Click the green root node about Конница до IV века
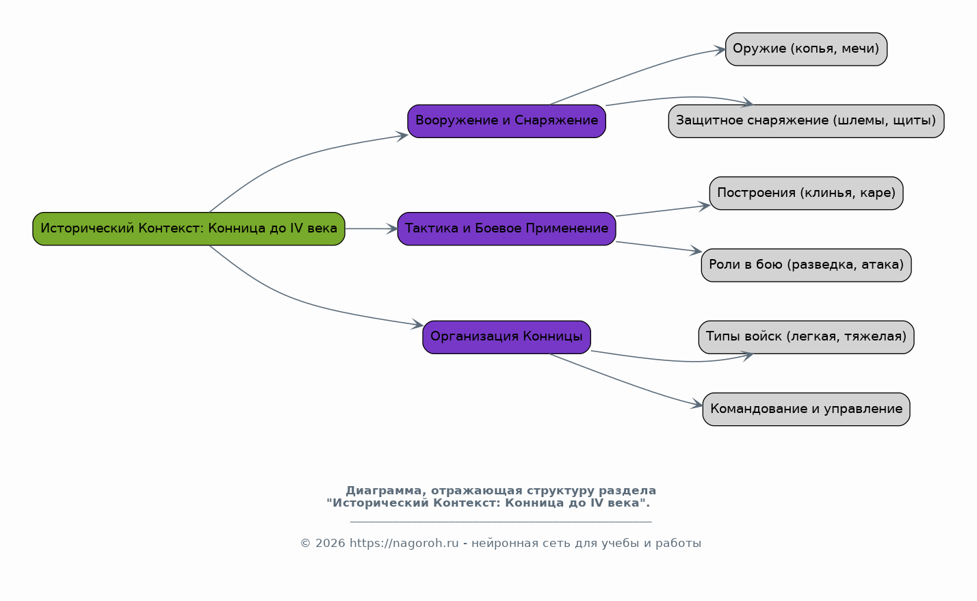click(188, 229)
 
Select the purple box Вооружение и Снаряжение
click(506, 121)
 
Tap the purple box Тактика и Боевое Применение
click(506, 229)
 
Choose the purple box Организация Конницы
click(506, 337)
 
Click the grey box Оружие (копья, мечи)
click(806, 49)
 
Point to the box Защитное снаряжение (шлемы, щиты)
click(806, 121)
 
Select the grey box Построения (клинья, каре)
click(806, 193)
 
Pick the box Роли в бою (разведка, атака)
click(806, 265)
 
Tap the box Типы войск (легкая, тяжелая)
click(806, 337)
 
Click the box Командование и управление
click(806, 410)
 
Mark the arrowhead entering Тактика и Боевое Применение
click(392, 229)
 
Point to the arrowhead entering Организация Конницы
click(417, 324)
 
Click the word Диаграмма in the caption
click(383, 491)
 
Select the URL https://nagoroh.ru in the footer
click(404, 544)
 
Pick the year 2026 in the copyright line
click(330, 544)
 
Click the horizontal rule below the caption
click(501, 521)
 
